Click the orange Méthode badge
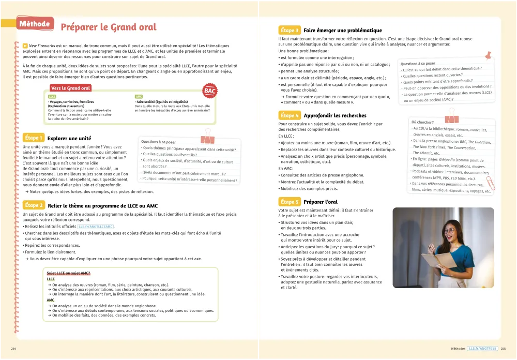34,24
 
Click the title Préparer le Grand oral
109,27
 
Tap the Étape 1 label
34,138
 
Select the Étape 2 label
34,205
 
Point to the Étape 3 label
289,31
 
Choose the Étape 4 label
289,115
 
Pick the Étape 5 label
289,202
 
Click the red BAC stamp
210,91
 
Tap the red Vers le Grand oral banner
71,88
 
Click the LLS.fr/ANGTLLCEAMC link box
96,227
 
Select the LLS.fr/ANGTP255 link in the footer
483,349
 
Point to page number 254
14,349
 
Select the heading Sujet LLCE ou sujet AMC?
69,273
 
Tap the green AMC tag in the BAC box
139,97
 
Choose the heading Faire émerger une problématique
343,31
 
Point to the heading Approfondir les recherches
335,115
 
